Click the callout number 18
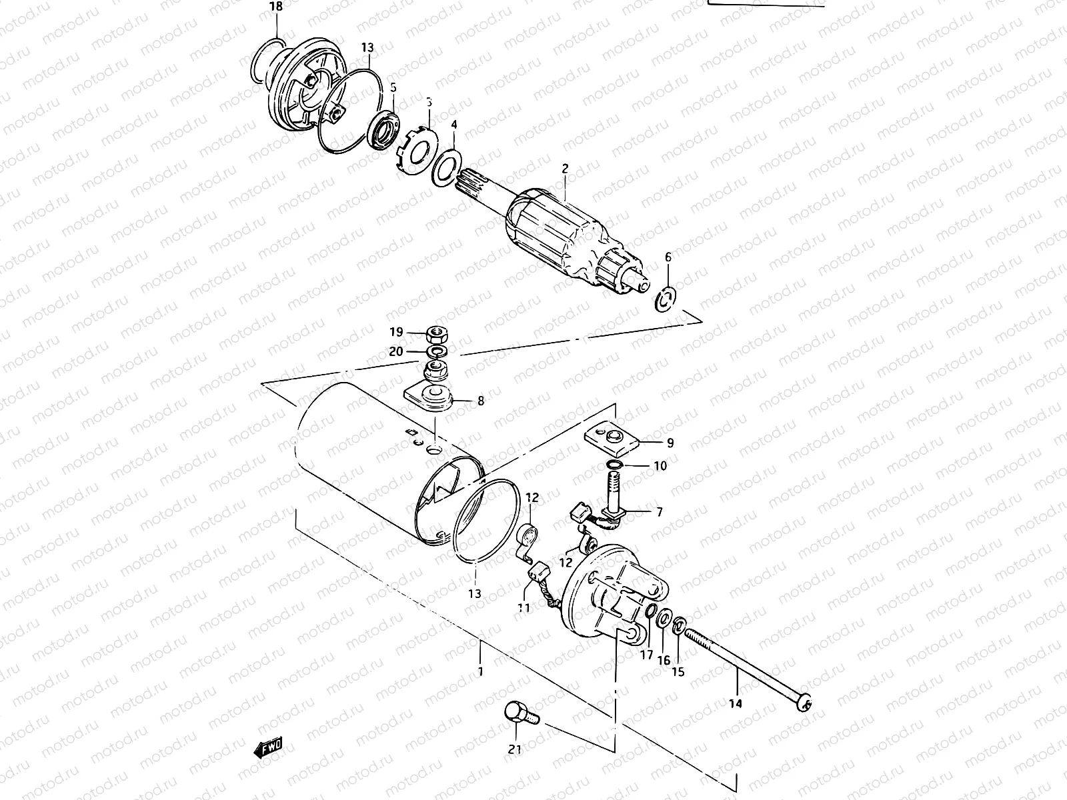(x=275, y=7)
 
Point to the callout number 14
(x=737, y=703)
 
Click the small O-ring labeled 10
(x=616, y=465)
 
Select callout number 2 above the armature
(x=565, y=169)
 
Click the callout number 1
(x=479, y=671)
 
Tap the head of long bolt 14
(x=806, y=702)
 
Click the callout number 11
(x=523, y=607)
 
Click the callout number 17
(x=646, y=655)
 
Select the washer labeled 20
(x=437, y=351)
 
